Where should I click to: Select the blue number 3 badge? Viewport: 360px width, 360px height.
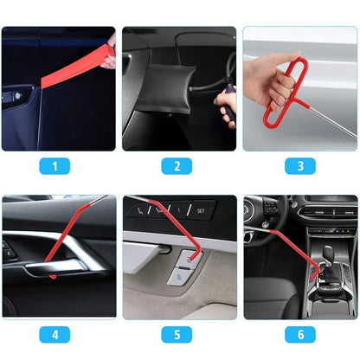tap(299, 166)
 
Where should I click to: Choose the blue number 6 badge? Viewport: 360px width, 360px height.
tap(299, 334)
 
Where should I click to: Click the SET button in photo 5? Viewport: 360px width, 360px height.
tap(200, 209)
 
